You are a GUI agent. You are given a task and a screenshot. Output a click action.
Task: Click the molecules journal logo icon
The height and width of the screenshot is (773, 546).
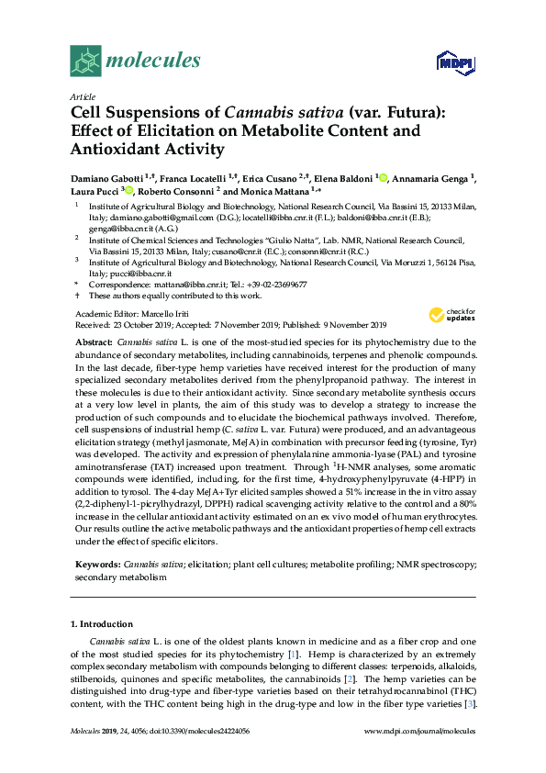tap(86, 61)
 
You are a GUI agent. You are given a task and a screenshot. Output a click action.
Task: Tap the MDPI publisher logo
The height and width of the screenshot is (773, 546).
tap(455, 62)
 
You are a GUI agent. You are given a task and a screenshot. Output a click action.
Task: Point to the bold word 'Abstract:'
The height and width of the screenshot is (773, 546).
tap(95, 340)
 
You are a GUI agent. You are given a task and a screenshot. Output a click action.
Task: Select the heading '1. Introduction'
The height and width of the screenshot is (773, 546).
tap(102, 624)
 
